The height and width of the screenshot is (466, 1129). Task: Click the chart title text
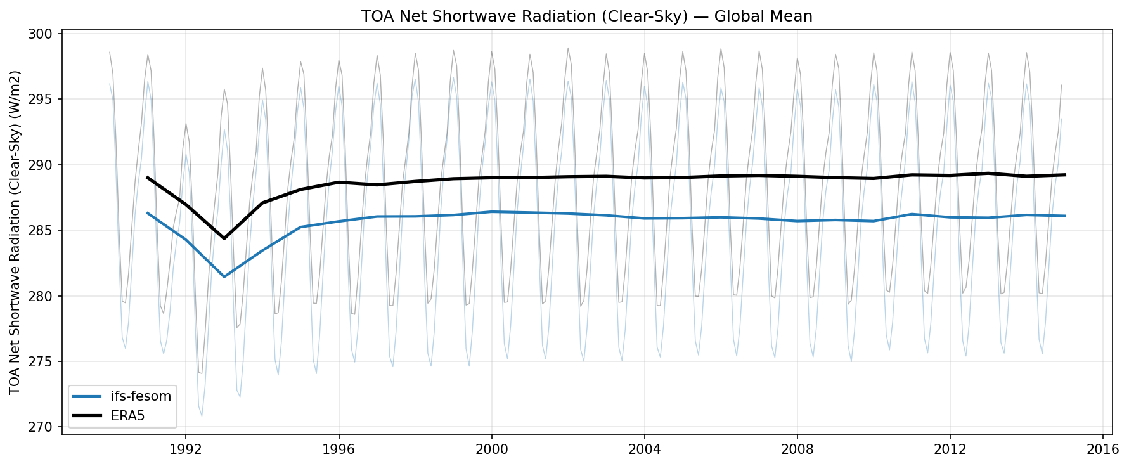(586, 16)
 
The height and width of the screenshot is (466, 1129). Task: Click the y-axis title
(16, 233)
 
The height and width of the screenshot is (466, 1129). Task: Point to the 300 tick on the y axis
(46, 34)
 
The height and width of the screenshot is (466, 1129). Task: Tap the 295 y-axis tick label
(46, 100)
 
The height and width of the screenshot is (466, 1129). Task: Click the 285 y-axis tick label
(46, 231)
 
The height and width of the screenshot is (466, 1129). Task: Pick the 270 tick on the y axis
(46, 427)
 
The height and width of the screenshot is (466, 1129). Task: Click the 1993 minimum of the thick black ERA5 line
(224, 238)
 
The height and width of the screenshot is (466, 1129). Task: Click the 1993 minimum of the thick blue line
(224, 276)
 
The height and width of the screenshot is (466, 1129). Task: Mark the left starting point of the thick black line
(147, 178)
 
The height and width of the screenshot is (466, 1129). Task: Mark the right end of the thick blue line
(1065, 216)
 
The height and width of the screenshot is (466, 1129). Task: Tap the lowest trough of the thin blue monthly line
(202, 416)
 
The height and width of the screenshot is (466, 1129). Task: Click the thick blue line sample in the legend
(87, 397)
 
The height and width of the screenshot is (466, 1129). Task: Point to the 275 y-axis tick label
(46, 362)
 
